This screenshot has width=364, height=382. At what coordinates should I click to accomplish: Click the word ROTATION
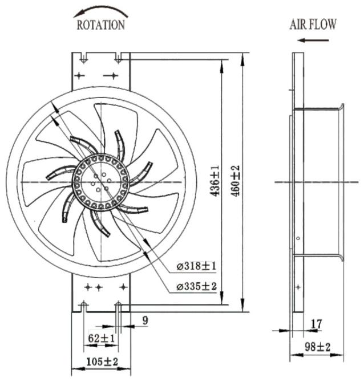(x=100, y=25)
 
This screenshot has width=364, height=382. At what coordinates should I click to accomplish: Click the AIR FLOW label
(x=313, y=25)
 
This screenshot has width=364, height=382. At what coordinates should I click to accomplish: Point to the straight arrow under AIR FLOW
(x=313, y=40)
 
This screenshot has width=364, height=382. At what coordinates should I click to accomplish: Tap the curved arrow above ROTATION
(x=100, y=11)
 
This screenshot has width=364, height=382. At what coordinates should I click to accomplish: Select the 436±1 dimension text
(x=215, y=181)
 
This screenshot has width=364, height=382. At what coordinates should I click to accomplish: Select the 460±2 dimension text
(x=236, y=181)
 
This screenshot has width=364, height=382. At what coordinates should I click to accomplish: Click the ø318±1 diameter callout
(x=196, y=266)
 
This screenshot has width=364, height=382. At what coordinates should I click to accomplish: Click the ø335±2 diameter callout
(x=196, y=286)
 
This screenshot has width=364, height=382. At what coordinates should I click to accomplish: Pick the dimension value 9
(x=145, y=320)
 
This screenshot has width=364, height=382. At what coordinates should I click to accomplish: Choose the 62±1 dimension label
(x=101, y=338)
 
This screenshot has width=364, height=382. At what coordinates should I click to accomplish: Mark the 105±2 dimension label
(x=102, y=361)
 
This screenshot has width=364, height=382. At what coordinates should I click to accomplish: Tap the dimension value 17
(x=317, y=324)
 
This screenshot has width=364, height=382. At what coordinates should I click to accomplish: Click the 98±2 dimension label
(x=318, y=347)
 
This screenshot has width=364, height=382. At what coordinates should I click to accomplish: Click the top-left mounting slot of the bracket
(x=84, y=58)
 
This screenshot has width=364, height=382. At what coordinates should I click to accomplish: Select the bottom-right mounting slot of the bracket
(x=118, y=307)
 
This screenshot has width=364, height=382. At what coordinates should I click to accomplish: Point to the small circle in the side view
(x=298, y=238)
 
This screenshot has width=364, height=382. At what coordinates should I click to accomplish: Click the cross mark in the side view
(x=298, y=287)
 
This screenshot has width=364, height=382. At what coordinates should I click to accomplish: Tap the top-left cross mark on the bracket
(x=79, y=75)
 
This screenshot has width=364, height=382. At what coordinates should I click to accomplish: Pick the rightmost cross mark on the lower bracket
(x=123, y=287)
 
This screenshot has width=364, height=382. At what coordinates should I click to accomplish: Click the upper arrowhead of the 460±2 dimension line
(x=242, y=60)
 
